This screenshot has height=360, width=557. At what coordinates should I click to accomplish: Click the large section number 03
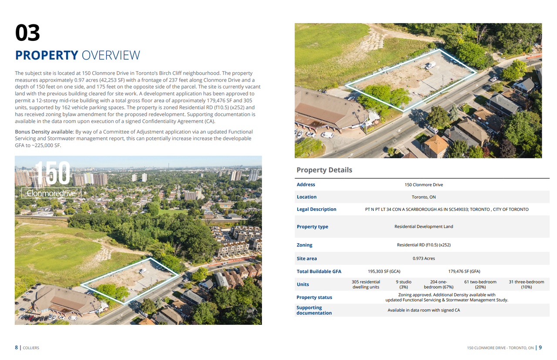27,33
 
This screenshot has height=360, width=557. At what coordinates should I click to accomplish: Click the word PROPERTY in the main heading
47,56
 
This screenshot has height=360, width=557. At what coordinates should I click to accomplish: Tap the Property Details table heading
324,170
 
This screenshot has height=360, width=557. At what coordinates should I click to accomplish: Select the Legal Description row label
316,209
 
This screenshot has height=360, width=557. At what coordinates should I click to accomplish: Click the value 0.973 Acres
423,258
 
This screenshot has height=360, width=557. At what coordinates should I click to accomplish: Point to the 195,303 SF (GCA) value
384,271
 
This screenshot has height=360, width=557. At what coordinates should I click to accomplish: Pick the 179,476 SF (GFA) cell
464,271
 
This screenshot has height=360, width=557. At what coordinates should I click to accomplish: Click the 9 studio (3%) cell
403,284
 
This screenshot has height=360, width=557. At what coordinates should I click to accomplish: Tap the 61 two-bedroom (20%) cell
480,284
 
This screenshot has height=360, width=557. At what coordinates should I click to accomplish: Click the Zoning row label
304,245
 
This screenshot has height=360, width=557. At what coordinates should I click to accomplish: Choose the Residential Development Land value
423,227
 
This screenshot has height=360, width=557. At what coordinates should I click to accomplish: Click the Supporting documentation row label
314,310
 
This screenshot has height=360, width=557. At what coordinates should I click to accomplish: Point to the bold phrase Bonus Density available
44,132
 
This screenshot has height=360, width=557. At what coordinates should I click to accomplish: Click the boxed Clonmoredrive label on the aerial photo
51,193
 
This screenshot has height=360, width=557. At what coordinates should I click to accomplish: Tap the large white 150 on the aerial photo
52,173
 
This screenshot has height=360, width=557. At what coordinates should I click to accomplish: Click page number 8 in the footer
17,348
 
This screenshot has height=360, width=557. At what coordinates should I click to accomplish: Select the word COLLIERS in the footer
31,348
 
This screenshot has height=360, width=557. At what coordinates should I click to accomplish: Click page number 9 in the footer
540,348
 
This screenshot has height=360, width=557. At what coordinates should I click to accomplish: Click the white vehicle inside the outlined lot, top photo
430,66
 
